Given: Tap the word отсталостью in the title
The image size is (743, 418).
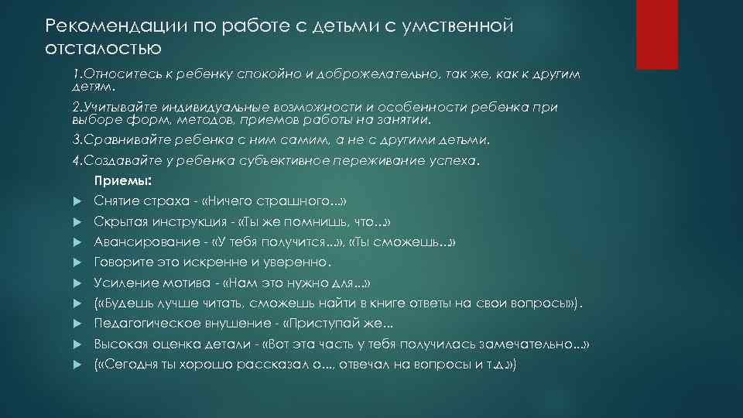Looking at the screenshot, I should tap(103, 50).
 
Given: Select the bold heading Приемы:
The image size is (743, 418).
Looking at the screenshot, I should tap(122, 181).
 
